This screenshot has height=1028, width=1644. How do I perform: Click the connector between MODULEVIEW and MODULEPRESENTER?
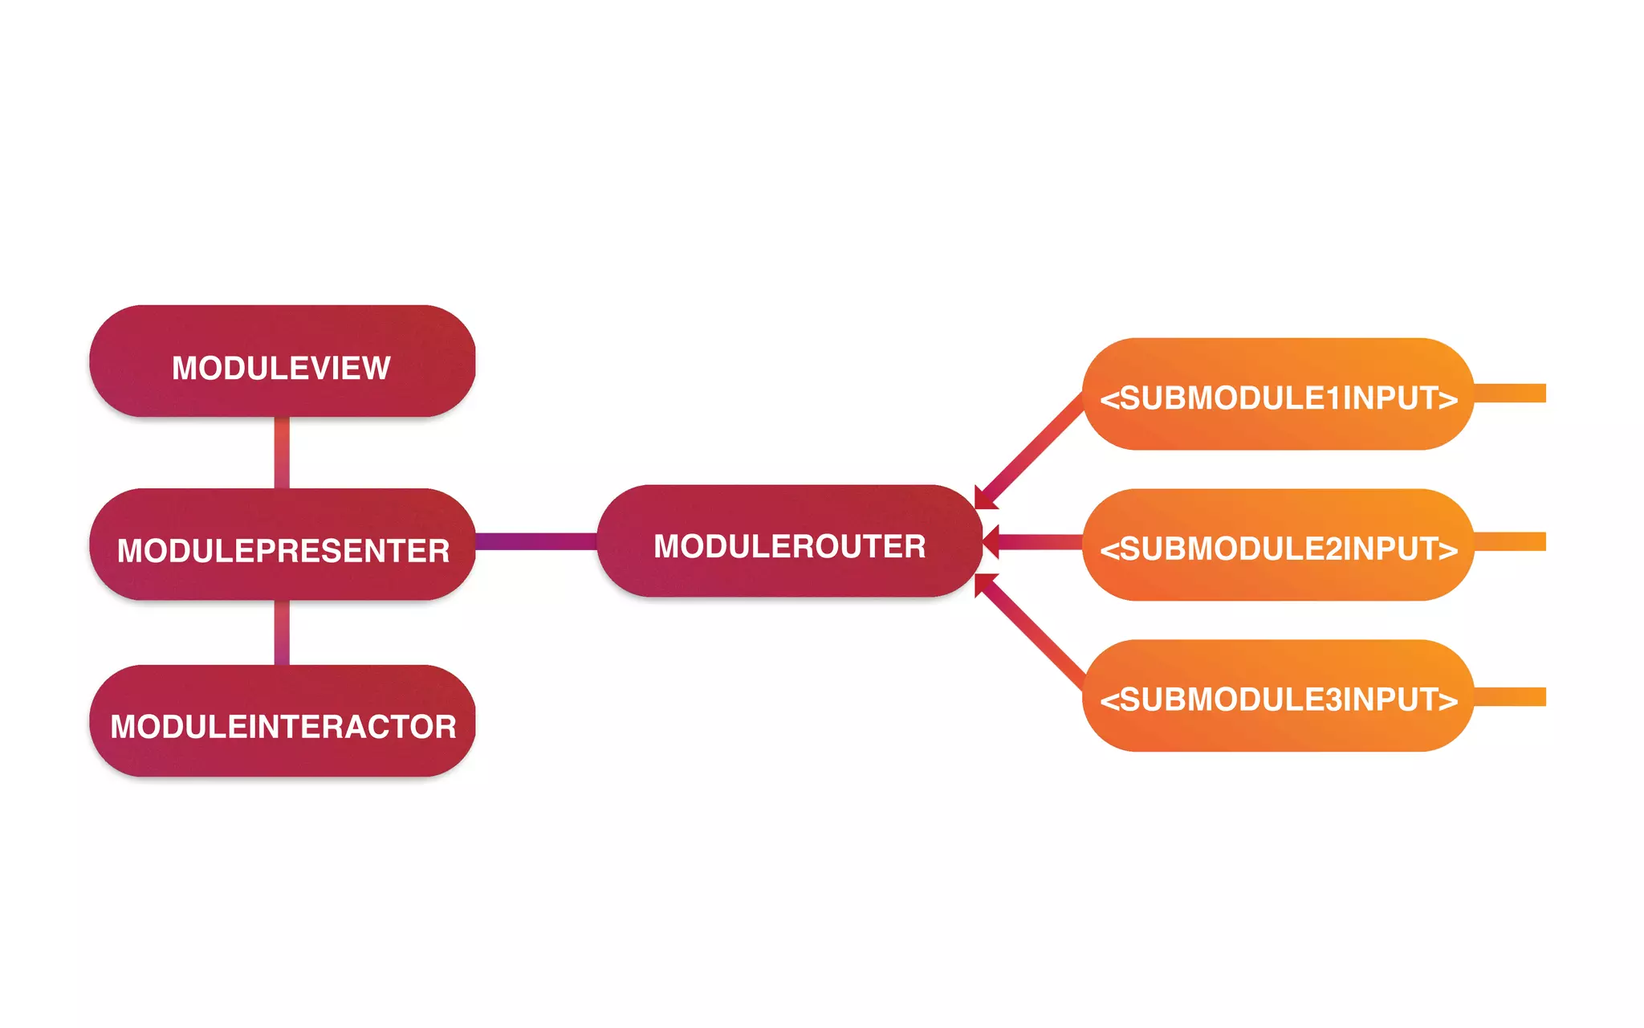point(282,452)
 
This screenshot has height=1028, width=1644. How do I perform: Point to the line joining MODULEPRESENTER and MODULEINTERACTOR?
point(282,632)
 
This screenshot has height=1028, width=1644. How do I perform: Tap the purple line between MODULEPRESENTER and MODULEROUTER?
point(535,541)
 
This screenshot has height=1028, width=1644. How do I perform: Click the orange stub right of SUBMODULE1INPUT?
point(1510,394)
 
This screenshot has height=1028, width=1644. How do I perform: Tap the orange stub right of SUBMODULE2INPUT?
point(1510,542)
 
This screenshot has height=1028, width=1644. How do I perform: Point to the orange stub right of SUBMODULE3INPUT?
point(1510,696)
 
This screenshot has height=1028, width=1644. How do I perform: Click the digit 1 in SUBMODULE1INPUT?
point(1333,398)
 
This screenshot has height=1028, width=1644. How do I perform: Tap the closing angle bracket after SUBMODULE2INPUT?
point(1447,550)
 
